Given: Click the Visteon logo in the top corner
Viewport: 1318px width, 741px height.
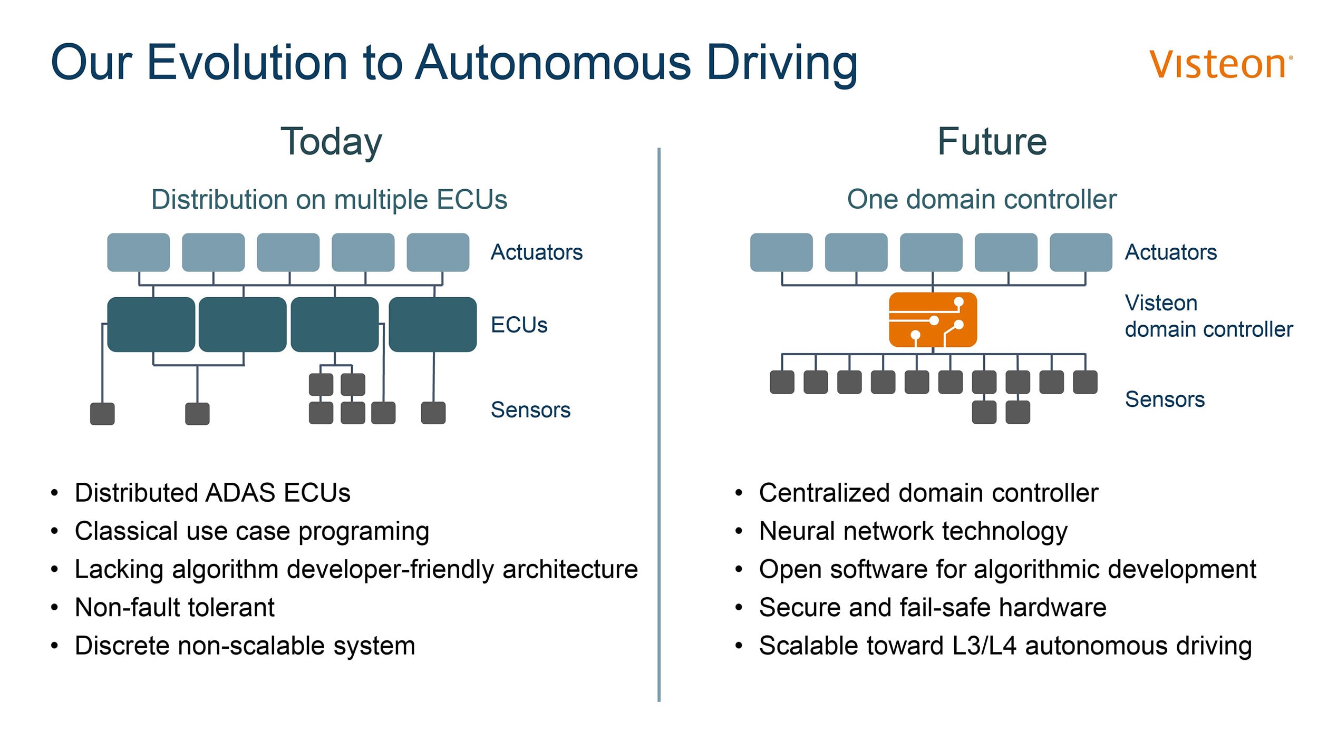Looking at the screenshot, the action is [x=1220, y=64].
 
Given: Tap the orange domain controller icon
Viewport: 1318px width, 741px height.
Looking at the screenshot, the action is [x=933, y=319].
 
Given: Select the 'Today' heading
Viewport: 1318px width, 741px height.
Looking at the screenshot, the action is [x=331, y=142].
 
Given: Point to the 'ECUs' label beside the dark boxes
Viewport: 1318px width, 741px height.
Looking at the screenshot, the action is [x=519, y=325].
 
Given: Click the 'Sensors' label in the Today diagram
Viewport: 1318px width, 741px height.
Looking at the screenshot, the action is [x=530, y=409].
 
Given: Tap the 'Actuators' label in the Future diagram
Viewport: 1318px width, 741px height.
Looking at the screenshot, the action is [x=1170, y=252].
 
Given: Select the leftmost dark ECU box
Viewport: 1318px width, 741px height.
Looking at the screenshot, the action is [x=151, y=324].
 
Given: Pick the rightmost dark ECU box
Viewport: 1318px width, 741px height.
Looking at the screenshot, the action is [x=432, y=324].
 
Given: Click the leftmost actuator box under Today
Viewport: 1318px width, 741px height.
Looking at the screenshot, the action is [x=138, y=252].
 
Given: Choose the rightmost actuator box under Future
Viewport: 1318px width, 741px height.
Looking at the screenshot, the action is [x=1081, y=252].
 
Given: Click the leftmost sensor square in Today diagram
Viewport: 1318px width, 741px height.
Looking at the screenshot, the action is [x=102, y=414].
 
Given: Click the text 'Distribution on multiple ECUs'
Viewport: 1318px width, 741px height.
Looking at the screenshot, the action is [x=329, y=200].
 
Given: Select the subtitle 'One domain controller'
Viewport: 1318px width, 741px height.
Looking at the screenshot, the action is [x=982, y=199].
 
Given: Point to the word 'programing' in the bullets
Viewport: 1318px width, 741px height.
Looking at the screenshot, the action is [x=364, y=532].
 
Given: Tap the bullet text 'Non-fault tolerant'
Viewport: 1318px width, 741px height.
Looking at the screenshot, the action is [x=175, y=608].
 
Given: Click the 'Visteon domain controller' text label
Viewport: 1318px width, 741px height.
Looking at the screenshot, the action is [x=1209, y=316].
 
